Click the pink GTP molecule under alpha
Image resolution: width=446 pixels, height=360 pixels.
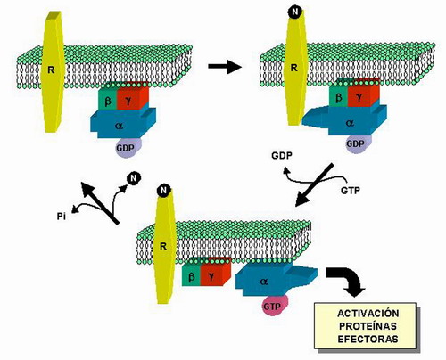pyautogui.click(x=272, y=306)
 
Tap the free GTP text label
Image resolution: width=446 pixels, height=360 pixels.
pyautogui.click(x=351, y=190)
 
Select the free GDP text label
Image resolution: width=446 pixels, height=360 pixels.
pyautogui.click(x=282, y=155)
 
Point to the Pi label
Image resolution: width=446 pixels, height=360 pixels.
pyautogui.click(x=62, y=217)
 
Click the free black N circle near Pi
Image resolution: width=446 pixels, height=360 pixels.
pyautogui.click(x=134, y=178)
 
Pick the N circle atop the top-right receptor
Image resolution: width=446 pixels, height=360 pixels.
pyautogui.click(x=295, y=12)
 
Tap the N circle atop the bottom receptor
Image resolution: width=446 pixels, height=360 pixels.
pyautogui.click(x=163, y=190)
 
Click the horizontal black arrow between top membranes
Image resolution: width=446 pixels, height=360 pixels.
pyautogui.click(x=225, y=66)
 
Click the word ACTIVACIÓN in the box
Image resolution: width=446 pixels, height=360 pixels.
pyautogui.click(x=368, y=313)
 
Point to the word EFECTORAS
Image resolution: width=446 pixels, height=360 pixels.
pyautogui.click(x=368, y=339)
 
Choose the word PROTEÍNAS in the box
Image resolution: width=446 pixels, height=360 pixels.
pyautogui.click(x=368, y=326)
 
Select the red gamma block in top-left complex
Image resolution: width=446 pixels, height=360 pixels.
pyautogui.click(x=132, y=97)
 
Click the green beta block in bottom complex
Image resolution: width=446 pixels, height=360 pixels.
pyautogui.click(x=191, y=275)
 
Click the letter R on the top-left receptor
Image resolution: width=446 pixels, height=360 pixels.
pyautogui.click(x=51, y=70)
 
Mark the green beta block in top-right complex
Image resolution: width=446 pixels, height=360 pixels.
pyautogui.click(x=338, y=95)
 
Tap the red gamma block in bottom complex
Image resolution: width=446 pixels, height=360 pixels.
pyautogui.click(x=215, y=274)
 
